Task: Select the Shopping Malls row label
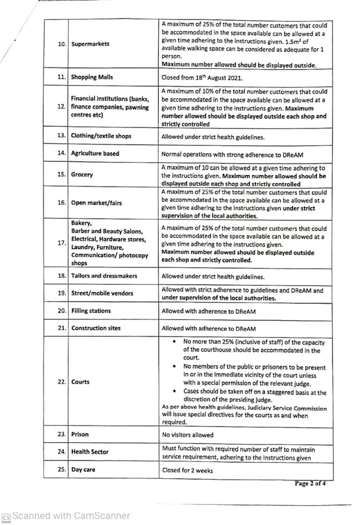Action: tap(95, 77)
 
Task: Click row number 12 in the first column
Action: tap(61, 106)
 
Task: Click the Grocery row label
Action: tap(82, 175)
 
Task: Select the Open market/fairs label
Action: tap(97, 202)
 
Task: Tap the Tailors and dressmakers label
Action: tap(104, 276)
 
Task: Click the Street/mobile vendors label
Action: tap(102, 294)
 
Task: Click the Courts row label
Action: tap(81, 382)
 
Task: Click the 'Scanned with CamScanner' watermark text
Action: tap(71, 515)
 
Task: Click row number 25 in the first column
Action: tap(61, 470)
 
